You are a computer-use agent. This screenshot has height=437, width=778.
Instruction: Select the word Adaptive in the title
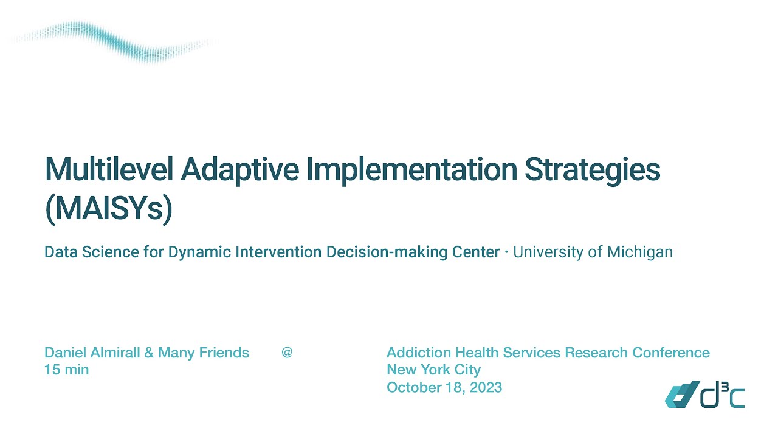[239, 170]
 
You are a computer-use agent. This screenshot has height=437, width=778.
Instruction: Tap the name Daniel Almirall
[92, 353]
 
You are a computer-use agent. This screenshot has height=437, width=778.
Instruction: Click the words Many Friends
[204, 353]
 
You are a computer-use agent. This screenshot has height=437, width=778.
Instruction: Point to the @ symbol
[287, 352]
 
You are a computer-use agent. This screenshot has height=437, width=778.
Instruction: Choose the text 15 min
[66, 370]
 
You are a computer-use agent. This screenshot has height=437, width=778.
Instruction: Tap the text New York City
[433, 370]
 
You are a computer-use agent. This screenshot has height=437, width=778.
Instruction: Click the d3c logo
[704, 395]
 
